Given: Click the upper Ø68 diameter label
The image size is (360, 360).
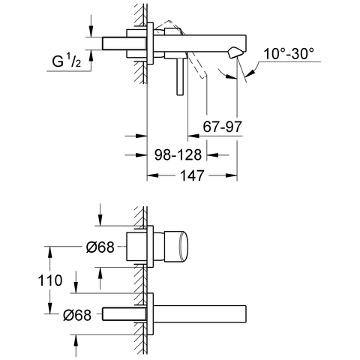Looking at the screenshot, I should [x=99, y=247].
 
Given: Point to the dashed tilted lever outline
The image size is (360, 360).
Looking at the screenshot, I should [x=196, y=66].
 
